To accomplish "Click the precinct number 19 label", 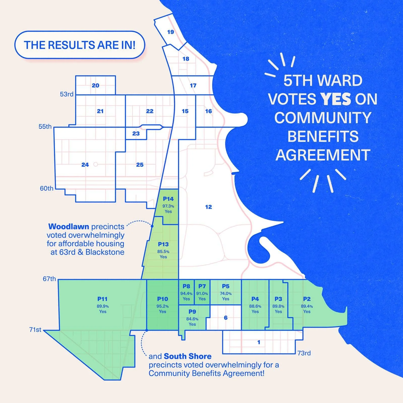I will tap(171, 32).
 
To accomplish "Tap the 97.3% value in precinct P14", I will tap(168, 206).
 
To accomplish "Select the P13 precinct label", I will tap(163, 244).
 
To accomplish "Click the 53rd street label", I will tap(66, 94).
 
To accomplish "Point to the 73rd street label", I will tap(304, 353).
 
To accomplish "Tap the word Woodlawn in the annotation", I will tap(69, 226).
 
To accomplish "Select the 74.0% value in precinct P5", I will tap(225, 293).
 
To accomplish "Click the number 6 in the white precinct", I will tap(226, 318).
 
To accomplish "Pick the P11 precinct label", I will tap(103, 299).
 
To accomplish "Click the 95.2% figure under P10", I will tap(162, 306).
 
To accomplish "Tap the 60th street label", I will tap(47, 188).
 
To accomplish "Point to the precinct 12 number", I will tap(209, 207).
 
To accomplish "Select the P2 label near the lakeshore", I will tap(307, 299).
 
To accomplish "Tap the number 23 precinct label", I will tap(136, 133).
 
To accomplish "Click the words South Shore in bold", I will tap(188, 356).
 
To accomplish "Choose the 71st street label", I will tap(35, 330).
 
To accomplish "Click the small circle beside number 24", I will tap(95, 164).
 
